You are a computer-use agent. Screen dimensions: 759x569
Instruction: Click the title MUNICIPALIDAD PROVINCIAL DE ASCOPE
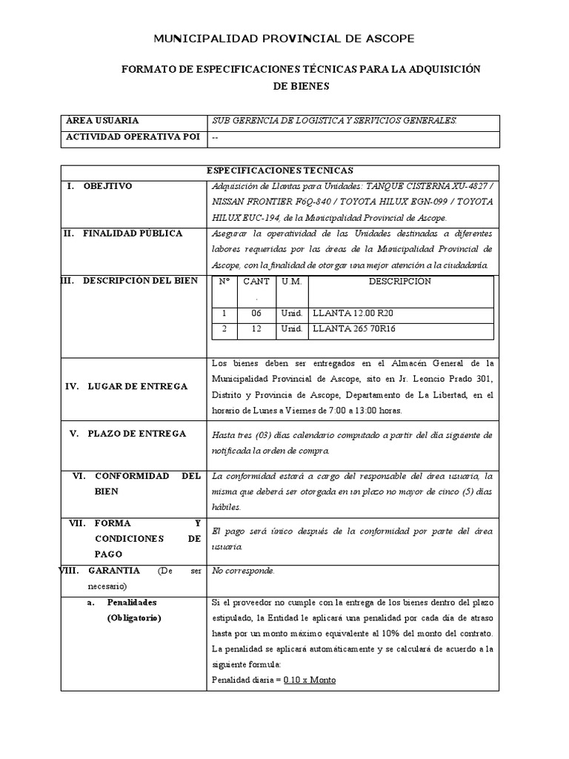click(x=284, y=39)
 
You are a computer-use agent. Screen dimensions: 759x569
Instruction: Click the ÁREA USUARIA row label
click(x=102, y=121)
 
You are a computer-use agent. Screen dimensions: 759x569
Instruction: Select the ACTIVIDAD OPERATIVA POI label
click(x=132, y=137)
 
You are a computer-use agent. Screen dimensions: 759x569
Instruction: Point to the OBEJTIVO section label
click(x=108, y=186)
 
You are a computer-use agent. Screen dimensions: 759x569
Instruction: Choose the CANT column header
click(x=256, y=282)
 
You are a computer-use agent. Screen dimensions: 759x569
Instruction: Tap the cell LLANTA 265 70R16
click(x=354, y=329)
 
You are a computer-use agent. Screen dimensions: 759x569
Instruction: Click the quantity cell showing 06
click(x=256, y=314)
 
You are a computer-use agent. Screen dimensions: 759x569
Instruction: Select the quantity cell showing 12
click(x=256, y=329)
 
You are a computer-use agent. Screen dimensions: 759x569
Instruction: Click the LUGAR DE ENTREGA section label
click(x=137, y=386)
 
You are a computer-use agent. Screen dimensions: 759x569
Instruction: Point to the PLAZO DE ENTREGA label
click(x=138, y=434)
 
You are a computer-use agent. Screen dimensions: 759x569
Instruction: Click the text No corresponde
click(x=243, y=571)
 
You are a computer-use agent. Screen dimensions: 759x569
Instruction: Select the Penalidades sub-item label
click(x=132, y=602)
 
